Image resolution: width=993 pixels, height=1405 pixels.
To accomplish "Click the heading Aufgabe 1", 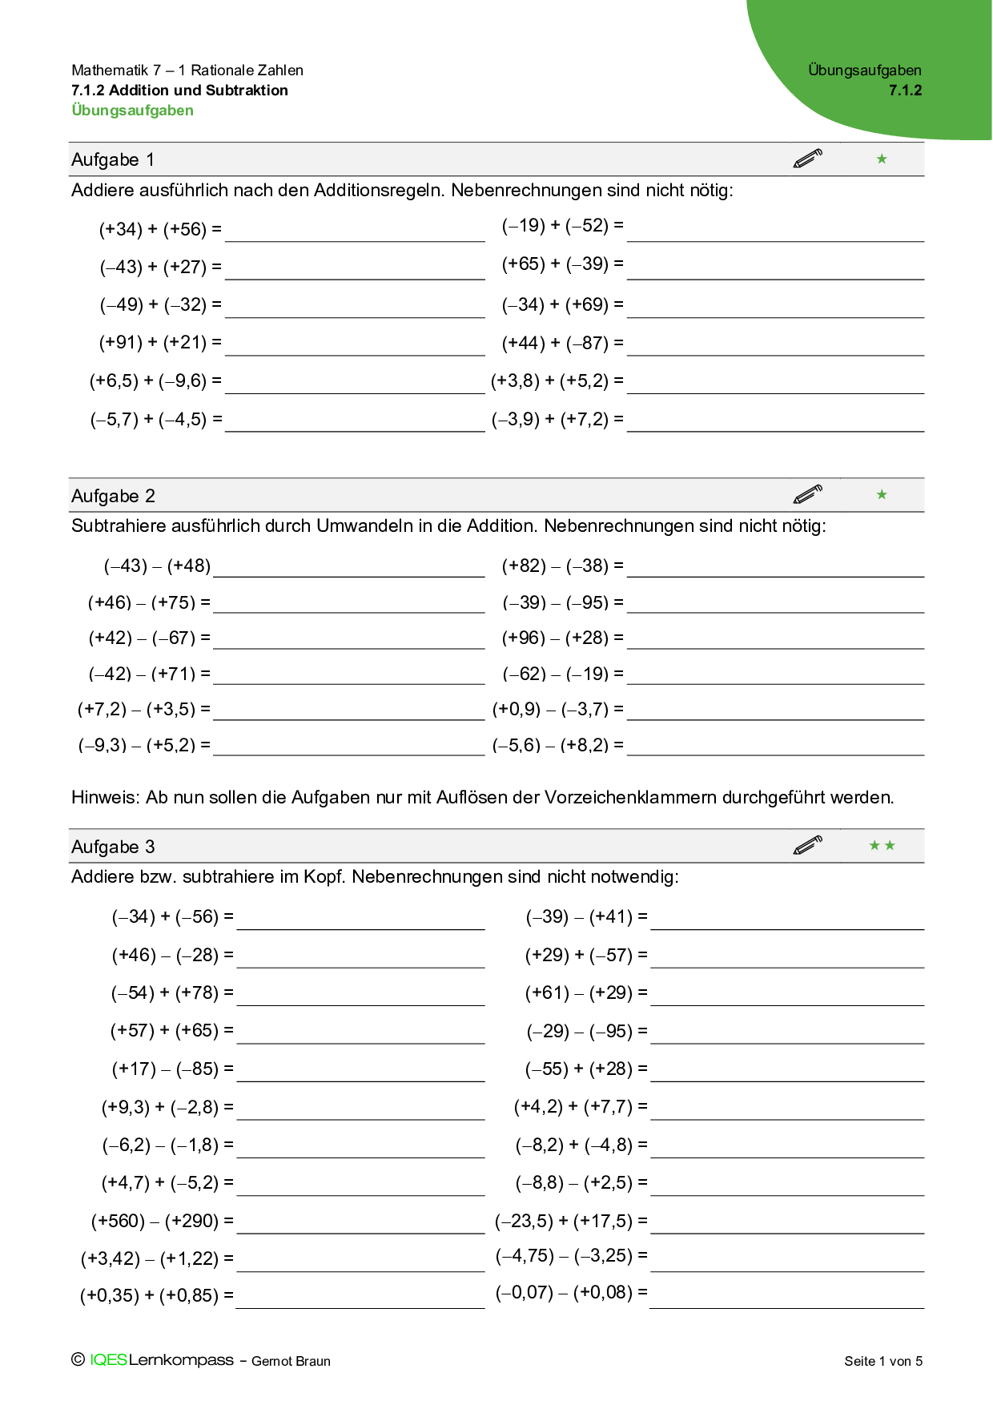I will [x=113, y=159].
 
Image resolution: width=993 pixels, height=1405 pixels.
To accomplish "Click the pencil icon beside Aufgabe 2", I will [x=807, y=494].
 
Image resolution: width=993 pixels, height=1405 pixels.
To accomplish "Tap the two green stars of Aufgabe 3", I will [x=882, y=846].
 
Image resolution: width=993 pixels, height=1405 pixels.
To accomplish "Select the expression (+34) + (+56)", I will [x=159, y=230].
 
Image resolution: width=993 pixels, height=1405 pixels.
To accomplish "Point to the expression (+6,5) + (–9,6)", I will [x=155, y=381].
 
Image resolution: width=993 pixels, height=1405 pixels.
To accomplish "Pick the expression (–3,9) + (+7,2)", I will [x=557, y=420].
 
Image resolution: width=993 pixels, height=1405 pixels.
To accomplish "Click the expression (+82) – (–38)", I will [x=562, y=566].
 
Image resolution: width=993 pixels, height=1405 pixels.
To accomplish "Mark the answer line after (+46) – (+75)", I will [x=349, y=606].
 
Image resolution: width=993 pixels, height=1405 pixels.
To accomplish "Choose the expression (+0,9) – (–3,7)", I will [x=557, y=710].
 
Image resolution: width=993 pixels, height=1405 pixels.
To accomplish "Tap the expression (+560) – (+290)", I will [x=162, y=1222].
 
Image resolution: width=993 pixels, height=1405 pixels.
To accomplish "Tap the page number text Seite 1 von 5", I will [x=883, y=1361].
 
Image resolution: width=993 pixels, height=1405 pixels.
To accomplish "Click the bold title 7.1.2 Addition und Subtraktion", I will [x=179, y=91].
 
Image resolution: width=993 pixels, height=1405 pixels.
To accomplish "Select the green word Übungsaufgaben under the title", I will [x=132, y=111].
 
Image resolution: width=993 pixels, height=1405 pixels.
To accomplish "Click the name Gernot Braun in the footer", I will [x=291, y=1361].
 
